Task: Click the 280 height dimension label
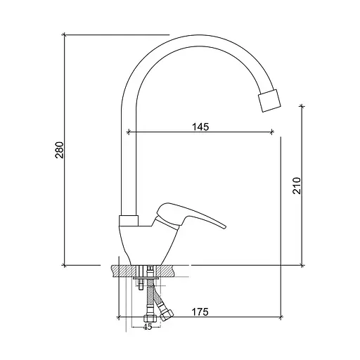59,150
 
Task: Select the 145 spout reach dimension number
200,127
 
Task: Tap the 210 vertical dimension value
297,186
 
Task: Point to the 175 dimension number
200,312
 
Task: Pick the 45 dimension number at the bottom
148,327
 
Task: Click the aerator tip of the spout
269,101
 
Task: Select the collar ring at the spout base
129,221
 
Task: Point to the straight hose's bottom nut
149,319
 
